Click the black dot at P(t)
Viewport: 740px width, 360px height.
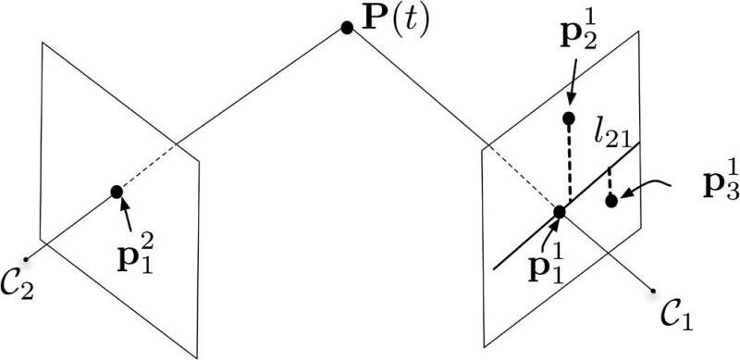tap(347, 29)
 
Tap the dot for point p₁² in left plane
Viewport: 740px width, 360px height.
tap(117, 192)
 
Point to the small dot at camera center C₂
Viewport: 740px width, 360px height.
tap(26, 259)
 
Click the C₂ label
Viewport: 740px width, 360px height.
tap(17, 285)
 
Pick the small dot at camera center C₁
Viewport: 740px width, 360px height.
tap(653, 290)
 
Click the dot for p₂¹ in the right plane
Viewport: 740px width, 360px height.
tap(569, 118)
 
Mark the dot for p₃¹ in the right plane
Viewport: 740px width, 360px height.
tap(611, 201)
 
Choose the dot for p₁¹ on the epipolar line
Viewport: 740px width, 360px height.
tap(560, 212)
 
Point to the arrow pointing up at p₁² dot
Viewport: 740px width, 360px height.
tap(126, 216)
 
